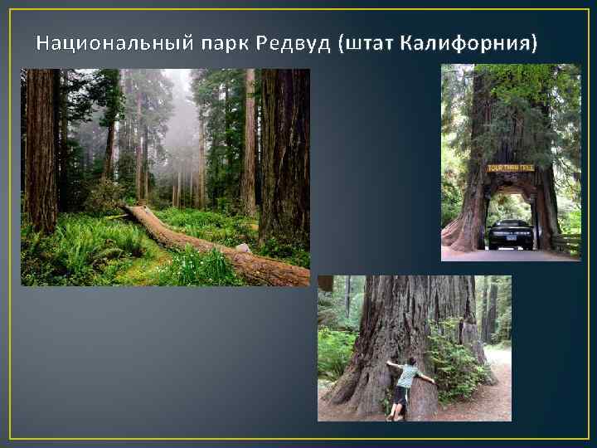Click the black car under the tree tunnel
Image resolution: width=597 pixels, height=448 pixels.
[x=510, y=234]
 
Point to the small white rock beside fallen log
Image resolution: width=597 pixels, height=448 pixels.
[x=243, y=247]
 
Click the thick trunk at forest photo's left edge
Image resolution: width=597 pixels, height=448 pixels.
[x=40, y=149]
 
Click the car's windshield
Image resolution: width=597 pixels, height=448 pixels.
[x=510, y=226]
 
